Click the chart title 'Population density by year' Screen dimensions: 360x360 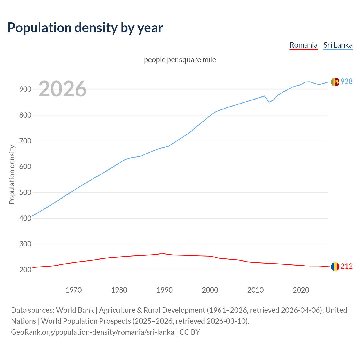pyautogui.click(x=85, y=28)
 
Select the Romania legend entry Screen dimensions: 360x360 pyautogui.click(x=303, y=45)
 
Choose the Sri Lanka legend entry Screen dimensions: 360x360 pyautogui.click(x=338, y=45)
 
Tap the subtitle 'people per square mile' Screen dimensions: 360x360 pyautogui.click(x=180, y=60)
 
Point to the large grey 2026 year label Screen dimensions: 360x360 pyautogui.click(x=62, y=89)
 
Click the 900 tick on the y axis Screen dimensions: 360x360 pyautogui.click(x=25, y=89)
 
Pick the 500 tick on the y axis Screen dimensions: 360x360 pyautogui.click(x=25, y=193)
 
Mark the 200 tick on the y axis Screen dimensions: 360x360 pyautogui.click(x=25, y=270)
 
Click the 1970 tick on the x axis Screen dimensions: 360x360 pyautogui.click(x=74, y=290)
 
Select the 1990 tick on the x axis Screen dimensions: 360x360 pyautogui.click(x=165, y=290)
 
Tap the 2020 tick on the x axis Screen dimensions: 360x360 pyautogui.click(x=301, y=290)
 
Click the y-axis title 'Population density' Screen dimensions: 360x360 pyautogui.click(x=12, y=174)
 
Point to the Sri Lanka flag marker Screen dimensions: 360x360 pyautogui.click(x=335, y=82)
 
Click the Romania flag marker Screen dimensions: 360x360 pyautogui.click(x=335, y=267)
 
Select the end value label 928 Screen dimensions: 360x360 pyautogui.click(x=346, y=82)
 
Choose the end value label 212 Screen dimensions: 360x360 pyautogui.click(x=346, y=266)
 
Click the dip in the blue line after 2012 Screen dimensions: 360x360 pyautogui.click(x=269, y=102)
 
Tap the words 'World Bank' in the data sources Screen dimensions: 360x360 pyautogui.click(x=75, y=310)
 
